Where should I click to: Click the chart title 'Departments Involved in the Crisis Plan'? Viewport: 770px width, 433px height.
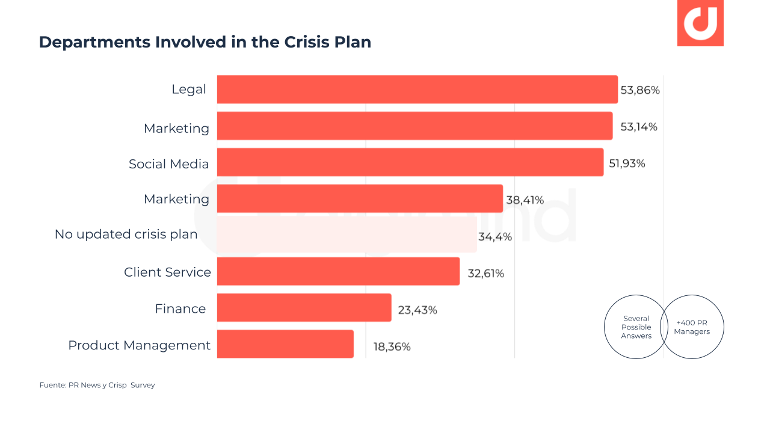[205, 42]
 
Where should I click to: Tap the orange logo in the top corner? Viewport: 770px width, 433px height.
[700, 23]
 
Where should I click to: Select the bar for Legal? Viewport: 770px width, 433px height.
[417, 90]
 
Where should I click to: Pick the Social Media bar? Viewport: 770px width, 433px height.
[410, 162]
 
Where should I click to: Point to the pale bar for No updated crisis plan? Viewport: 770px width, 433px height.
[346, 235]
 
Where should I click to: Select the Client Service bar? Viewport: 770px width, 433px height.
[338, 271]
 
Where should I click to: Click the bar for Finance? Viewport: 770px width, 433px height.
[304, 308]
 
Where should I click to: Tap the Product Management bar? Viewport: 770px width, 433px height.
[285, 344]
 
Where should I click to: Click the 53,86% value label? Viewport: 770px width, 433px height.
[640, 90]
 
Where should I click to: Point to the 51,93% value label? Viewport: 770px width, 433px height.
[627, 164]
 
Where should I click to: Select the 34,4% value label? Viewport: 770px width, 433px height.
[494, 237]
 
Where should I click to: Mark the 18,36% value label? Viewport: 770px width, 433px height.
[392, 347]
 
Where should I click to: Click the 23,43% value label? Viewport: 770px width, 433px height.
[417, 310]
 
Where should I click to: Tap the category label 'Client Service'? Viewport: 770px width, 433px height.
[167, 272]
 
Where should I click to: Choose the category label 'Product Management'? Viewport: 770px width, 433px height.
[139, 345]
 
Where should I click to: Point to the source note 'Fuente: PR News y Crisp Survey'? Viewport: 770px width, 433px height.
[97, 385]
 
